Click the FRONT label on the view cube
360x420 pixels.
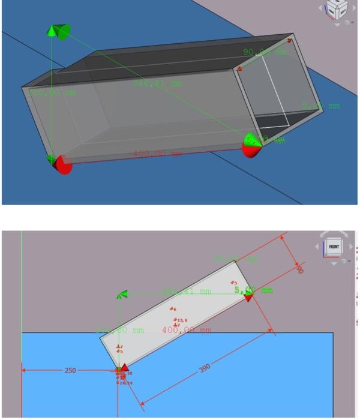pos(333,247)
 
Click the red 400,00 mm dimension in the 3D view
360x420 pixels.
pos(157,154)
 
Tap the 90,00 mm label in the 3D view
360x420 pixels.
pos(263,53)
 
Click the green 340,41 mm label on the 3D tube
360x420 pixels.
pos(157,83)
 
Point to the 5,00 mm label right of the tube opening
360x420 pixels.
pos(320,106)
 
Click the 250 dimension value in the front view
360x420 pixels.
pos(70,370)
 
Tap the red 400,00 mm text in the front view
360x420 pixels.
pos(186,330)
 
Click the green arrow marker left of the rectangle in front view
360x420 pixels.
pos(122,294)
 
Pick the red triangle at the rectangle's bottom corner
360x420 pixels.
pos(124,367)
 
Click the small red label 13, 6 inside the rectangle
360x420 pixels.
pos(181,320)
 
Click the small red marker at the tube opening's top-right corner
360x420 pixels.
pos(289,41)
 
